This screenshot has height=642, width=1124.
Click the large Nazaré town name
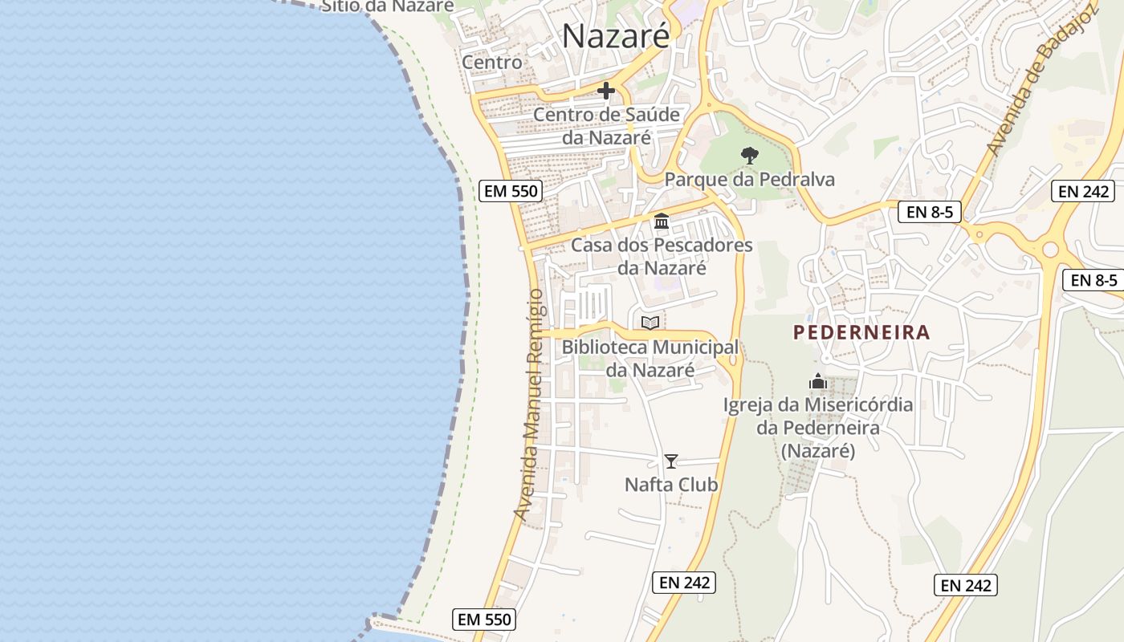click(616, 36)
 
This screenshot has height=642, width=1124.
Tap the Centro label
click(491, 62)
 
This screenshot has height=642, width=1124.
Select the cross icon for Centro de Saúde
click(606, 91)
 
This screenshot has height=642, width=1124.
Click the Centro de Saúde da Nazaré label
click(607, 126)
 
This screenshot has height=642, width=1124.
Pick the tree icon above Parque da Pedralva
click(750, 155)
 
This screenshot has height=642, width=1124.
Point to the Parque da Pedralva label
click(750, 180)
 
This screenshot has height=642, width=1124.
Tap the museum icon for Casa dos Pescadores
click(662, 221)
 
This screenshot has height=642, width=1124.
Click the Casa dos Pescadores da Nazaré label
click(662, 256)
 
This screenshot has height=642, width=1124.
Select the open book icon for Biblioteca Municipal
click(650, 323)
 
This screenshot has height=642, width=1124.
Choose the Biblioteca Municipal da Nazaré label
click(650, 359)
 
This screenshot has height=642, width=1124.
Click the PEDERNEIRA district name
click(861, 332)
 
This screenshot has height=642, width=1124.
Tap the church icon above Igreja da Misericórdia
click(818, 381)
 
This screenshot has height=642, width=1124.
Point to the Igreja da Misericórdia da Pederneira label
click(818, 428)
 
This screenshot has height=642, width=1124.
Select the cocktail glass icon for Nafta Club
click(671, 461)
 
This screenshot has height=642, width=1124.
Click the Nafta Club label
click(671, 485)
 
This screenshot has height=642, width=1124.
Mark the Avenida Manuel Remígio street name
click(530, 404)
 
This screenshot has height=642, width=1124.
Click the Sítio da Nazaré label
click(387, 6)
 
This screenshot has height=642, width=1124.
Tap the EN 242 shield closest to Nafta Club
click(685, 583)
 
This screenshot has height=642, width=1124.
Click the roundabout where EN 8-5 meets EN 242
click(1050, 250)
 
